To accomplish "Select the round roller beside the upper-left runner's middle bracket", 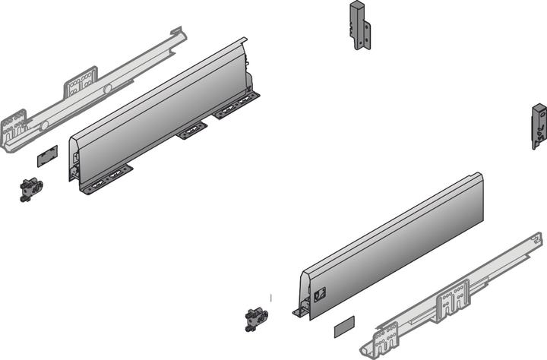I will tap(107, 90).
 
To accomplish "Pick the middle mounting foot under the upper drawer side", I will tap(192, 131).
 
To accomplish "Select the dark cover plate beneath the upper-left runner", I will tap(46, 155).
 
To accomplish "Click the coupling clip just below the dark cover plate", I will tap(31, 188).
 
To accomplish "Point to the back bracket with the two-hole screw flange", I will tap(360, 27).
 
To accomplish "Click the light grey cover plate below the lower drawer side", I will tap(343, 328).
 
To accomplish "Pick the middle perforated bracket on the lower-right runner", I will tap(454, 298).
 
